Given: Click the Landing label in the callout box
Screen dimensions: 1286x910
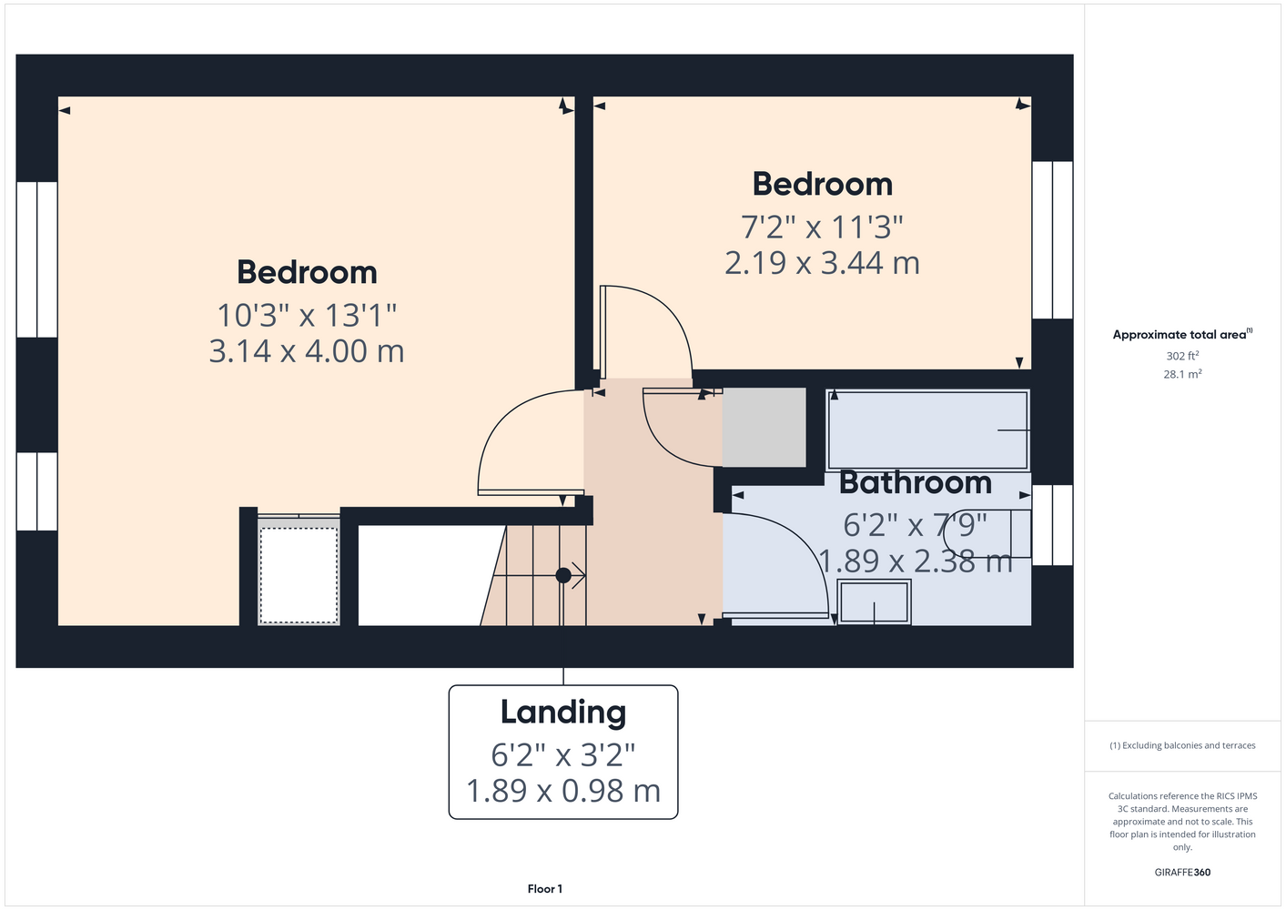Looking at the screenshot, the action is click(563, 712).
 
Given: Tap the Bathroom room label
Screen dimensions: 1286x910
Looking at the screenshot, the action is click(916, 483).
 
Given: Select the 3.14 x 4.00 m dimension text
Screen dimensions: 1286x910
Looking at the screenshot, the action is click(307, 351).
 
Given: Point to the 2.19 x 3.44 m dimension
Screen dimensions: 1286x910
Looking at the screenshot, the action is click(822, 263).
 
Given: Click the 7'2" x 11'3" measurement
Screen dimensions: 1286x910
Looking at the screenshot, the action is click(822, 227).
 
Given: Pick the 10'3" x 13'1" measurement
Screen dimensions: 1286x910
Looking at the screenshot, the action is click(307, 315).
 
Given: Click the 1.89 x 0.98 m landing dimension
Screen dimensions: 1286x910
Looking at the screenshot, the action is click(563, 791).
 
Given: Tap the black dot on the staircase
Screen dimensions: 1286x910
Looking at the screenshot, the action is click(563, 575).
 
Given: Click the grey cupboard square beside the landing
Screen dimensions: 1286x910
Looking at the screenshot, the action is click(765, 427).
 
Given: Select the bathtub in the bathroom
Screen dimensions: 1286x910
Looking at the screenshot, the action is click(927, 430).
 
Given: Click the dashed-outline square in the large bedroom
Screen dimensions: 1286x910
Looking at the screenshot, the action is click(299, 575).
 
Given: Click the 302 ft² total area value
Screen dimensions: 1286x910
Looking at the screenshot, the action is click(1182, 356).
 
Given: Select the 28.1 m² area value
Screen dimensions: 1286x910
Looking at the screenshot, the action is click(1182, 374).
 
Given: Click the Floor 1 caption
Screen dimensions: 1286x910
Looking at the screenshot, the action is click(545, 889).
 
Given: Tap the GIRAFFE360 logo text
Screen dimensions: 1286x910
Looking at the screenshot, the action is click(1182, 872).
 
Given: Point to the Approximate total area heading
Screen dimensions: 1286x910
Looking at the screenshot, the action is click(1182, 334).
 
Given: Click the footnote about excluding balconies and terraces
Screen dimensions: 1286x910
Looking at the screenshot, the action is click(1182, 745).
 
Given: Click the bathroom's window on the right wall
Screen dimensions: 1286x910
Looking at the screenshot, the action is click(1052, 525).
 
